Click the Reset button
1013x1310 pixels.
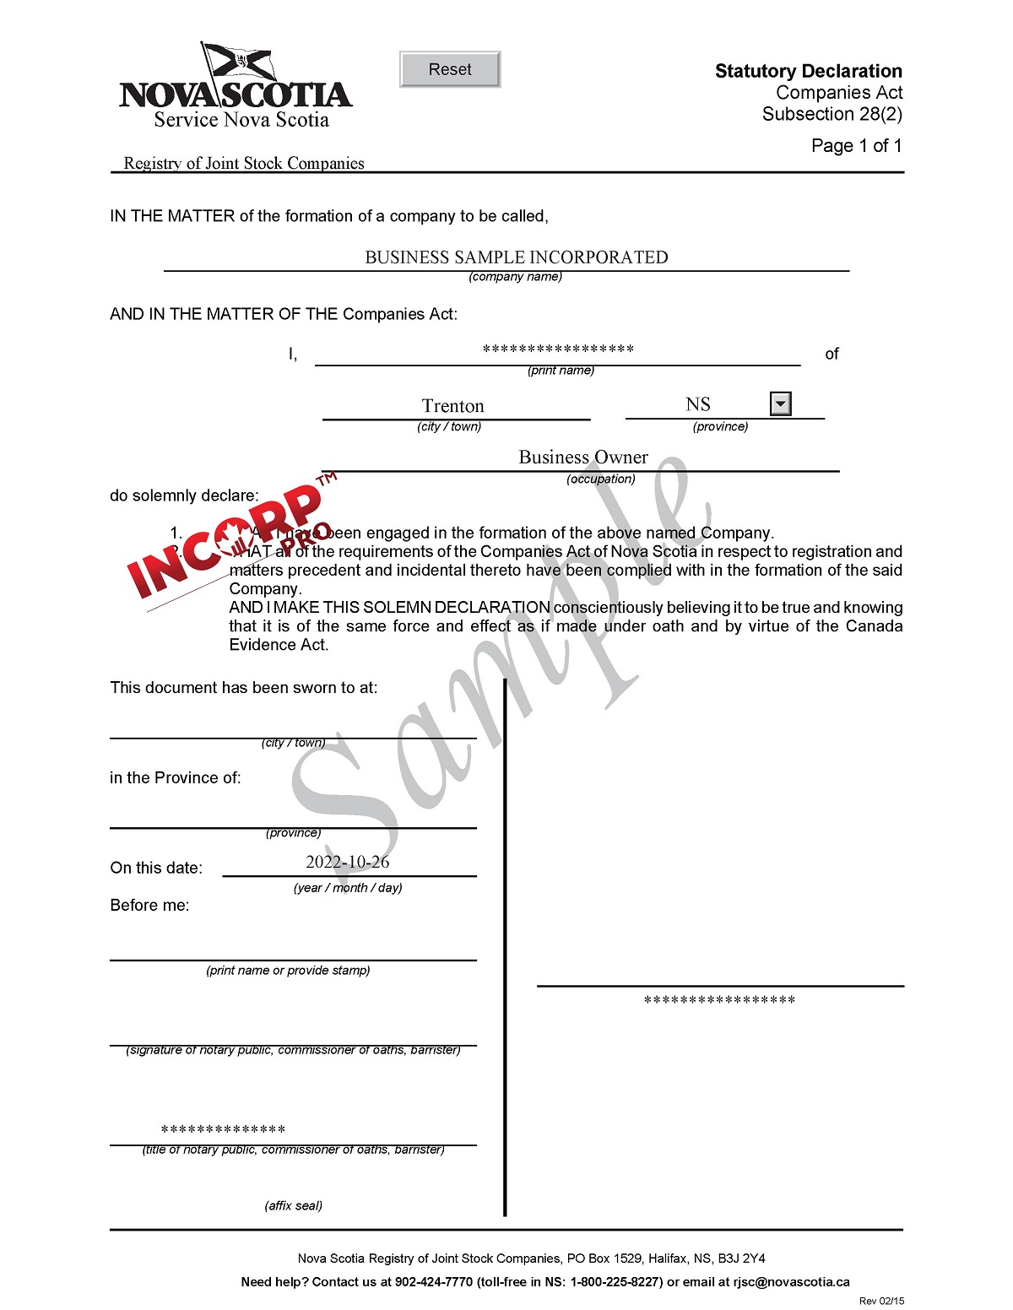(x=450, y=69)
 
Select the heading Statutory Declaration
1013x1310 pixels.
(x=808, y=71)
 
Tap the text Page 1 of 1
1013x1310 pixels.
(x=856, y=146)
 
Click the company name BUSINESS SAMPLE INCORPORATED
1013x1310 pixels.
(x=516, y=257)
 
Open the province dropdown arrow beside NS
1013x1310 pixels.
(x=781, y=404)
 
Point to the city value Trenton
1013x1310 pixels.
(x=453, y=406)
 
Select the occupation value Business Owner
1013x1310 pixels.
(x=582, y=457)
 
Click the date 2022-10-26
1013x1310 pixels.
(x=347, y=862)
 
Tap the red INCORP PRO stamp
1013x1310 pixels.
(x=228, y=540)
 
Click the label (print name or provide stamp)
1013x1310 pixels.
(x=288, y=971)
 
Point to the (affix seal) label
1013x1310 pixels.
(x=293, y=1205)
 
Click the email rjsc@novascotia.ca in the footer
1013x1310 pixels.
(x=791, y=1282)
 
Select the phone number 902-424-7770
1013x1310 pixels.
(x=434, y=1282)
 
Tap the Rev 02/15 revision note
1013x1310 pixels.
(x=881, y=1302)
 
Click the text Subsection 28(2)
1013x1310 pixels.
(x=832, y=114)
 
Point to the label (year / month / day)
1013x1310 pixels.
(x=348, y=888)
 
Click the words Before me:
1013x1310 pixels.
(x=149, y=906)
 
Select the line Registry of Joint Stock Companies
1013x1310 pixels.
(x=244, y=163)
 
